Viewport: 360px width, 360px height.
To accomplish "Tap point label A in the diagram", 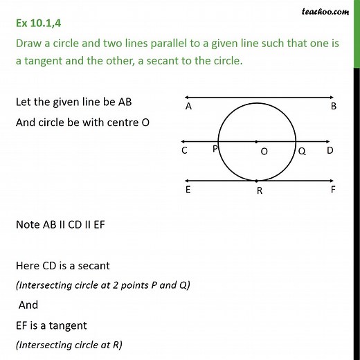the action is click(x=188, y=107).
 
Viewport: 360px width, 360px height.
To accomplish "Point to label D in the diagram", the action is click(x=330, y=150).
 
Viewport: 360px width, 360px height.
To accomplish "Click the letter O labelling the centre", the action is click(x=264, y=153).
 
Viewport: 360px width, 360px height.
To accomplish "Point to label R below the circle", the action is click(x=259, y=192).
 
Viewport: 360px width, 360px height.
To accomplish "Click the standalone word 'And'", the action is click(x=29, y=305).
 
